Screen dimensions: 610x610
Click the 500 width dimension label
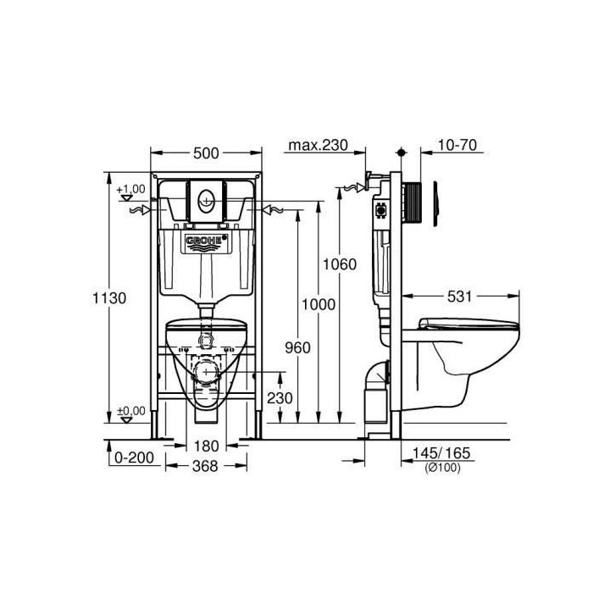pos(206,152)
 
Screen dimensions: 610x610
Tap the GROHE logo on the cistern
pos(207,243)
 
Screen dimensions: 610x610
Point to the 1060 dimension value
pos(339,263)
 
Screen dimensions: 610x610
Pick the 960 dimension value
pos(298,347)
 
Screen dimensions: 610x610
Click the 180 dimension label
pos(206,446)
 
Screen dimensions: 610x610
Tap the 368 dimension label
pos(206,465)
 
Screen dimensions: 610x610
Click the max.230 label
pos(318,145)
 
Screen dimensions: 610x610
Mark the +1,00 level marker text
pos(131,188)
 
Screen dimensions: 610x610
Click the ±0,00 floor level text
pos(130,409)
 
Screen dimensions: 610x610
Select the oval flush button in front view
pos(207,202)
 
